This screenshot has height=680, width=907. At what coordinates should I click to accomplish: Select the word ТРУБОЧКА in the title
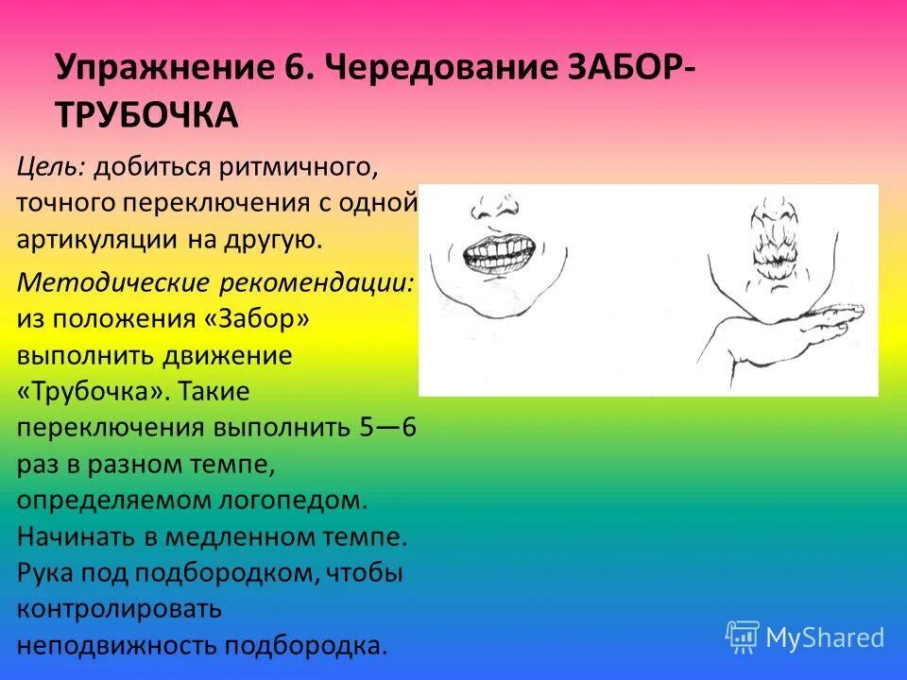146,115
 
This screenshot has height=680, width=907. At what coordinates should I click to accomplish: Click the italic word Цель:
53,168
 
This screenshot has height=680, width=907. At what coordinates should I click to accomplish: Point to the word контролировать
119,608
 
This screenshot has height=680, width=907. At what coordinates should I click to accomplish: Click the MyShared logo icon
743,637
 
